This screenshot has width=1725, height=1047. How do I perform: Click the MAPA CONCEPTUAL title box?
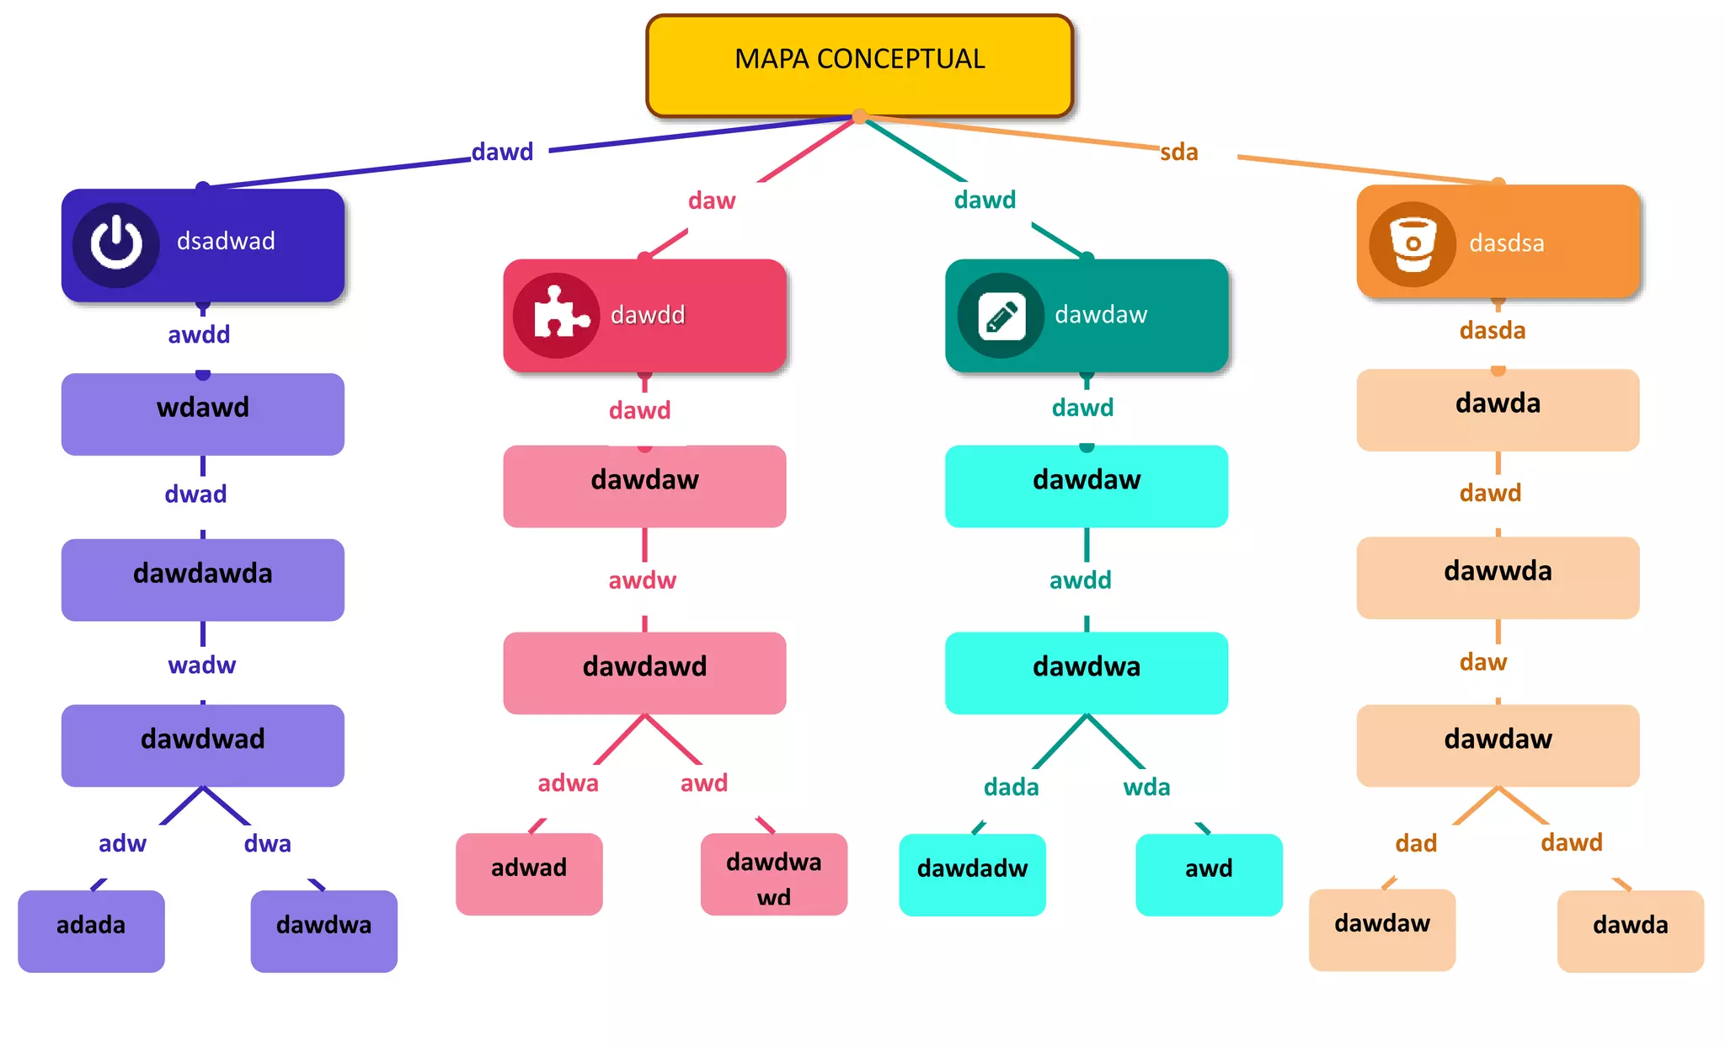point(859,65)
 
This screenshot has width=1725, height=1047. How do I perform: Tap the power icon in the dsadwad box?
point(116,244)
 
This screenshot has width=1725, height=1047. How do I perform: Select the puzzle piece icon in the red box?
point(557,315)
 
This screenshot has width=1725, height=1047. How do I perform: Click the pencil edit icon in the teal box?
point(1001,316)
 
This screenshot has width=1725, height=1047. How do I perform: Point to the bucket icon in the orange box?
point(1413,243)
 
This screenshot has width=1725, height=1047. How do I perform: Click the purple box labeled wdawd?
point(202,414)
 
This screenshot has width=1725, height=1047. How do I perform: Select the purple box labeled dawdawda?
point(202,580)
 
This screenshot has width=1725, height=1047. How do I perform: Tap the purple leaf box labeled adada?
point(91,930)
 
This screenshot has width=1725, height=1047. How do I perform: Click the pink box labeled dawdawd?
point(644,672)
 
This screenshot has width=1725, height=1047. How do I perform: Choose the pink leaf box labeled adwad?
point(529,873)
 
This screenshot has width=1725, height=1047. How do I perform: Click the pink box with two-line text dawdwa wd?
point(773,874)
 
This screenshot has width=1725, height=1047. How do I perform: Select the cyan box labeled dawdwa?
point(1086,672)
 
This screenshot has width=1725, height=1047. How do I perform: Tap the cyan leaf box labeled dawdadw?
point(972,873)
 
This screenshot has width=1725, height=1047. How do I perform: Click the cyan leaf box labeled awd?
point(1208,873)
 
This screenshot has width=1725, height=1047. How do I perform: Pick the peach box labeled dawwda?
point(1497,577)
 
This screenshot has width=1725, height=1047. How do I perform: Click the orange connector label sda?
point(1178,152)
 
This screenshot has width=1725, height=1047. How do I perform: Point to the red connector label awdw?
point(642,580)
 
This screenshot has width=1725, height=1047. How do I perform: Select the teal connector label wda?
point(1146,788)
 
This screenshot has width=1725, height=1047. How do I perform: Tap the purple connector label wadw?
point(201,665)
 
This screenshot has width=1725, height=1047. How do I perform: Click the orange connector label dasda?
point(1492,330)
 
